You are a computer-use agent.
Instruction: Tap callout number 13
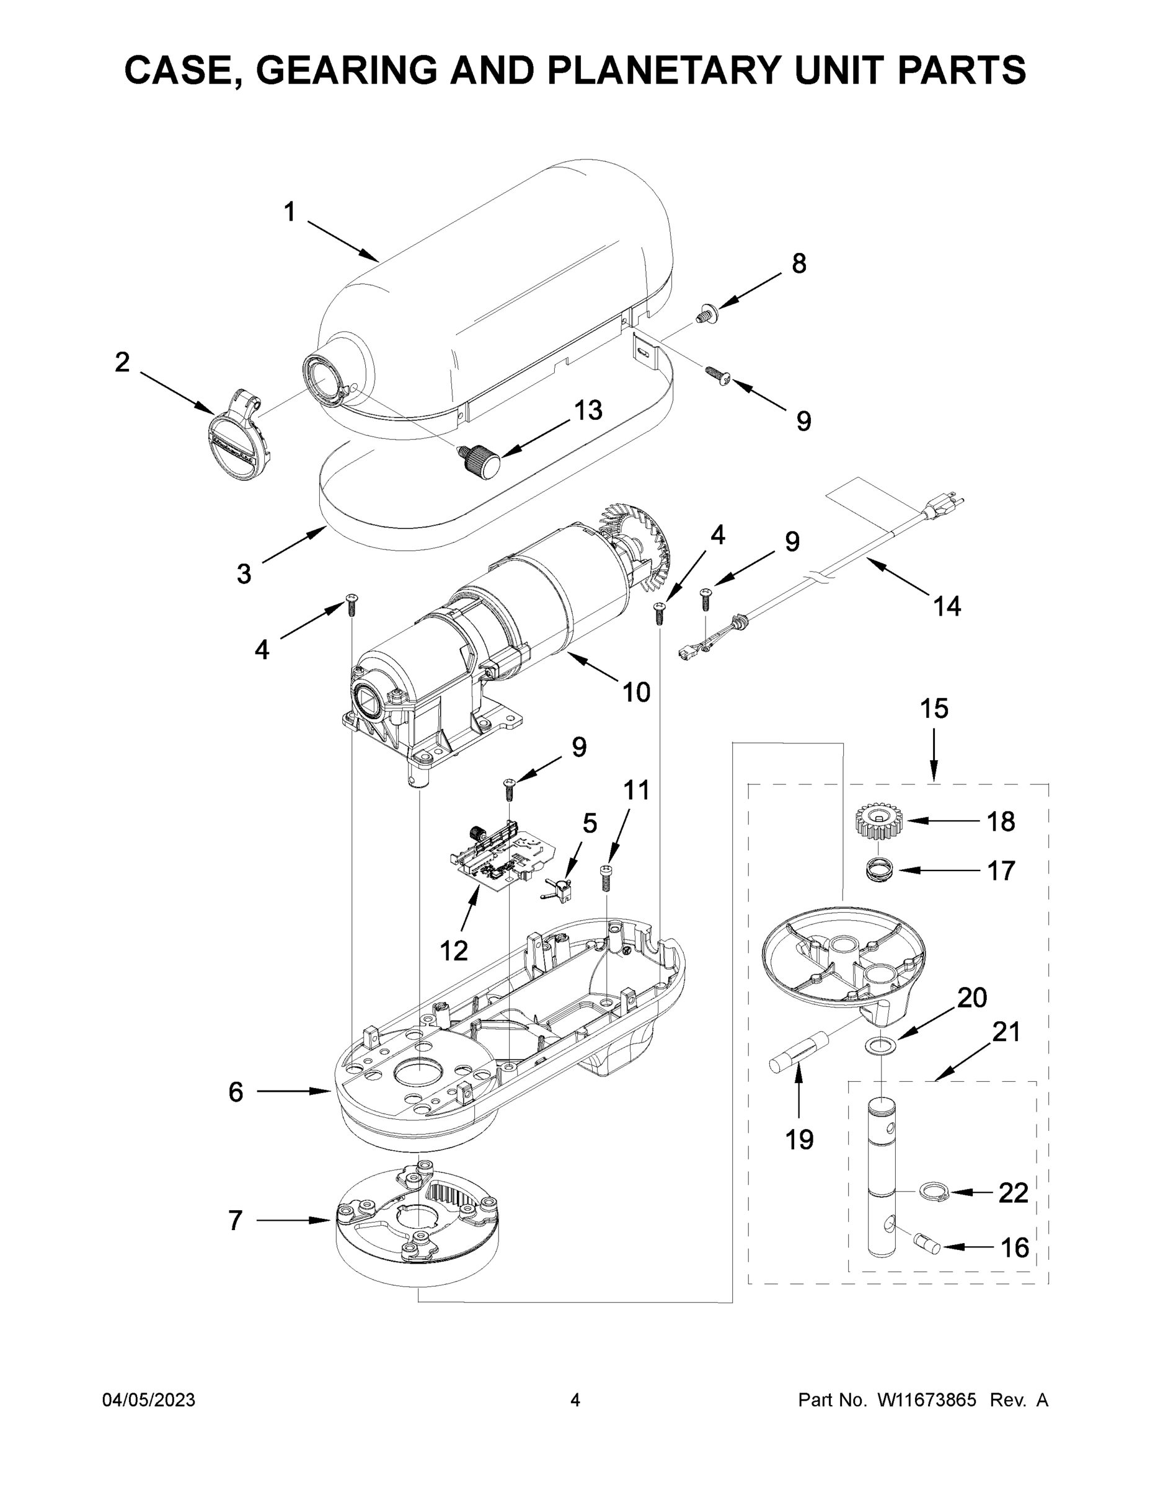coord(587,410)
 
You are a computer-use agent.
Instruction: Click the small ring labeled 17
coord(880,870)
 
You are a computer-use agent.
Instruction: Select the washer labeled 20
coord(881,1044)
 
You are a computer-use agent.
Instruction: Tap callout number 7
coord(235,1220)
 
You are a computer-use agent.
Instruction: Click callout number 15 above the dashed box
coord(934,709)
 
